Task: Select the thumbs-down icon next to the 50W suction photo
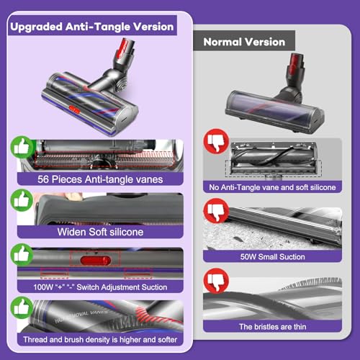pyautogui.click(x=214, y=210)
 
